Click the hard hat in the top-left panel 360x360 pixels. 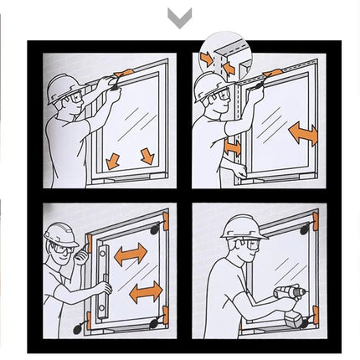pos(61,86)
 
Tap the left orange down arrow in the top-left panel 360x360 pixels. pos(113,159)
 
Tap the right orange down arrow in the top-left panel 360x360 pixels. pos(147,156)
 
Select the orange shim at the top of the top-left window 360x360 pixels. pos(122,75)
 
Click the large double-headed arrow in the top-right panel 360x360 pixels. pos(301,132)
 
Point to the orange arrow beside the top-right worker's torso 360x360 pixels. pos(232,147)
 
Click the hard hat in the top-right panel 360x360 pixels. pos(208,85)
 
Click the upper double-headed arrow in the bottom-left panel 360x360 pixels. pos(131,254)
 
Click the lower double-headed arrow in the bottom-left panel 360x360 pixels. pos(145,291)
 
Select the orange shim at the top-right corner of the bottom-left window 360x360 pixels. pos(166,221)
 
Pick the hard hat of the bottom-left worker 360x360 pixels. pos(60,234)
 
